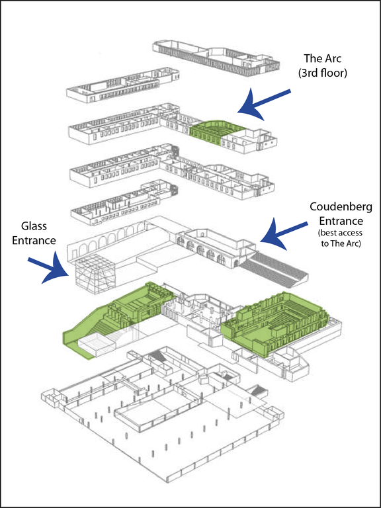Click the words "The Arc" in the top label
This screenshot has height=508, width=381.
[x=322, y=59]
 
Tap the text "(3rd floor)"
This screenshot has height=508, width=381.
[x=322, y=73]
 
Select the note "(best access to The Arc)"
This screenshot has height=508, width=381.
[x=341, y=238]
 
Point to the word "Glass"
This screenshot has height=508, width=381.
[x=34, y=226]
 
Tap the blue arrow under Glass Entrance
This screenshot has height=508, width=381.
[x=49, y=268]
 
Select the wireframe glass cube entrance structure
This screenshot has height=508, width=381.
[x=95, y=273]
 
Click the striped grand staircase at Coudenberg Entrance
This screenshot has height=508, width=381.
[x=274, y=269]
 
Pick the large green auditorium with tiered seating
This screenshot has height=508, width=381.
[x=275, y=323]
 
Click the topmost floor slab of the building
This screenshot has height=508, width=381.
[x=216, y=58]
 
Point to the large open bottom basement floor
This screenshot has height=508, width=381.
[x=162, y=418]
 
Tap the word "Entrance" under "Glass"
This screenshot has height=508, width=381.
[x=34, y=240]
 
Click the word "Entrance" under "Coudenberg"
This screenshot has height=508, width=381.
[x=341, y=222]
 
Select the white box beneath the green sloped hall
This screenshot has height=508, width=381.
[x=97, y=346]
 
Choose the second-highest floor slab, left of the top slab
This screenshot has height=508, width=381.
[x=123, y=85]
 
